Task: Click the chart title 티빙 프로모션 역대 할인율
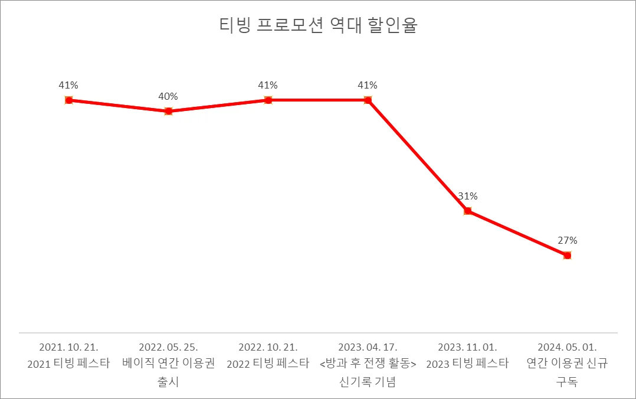(318, 26)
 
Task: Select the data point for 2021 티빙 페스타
(68, 100)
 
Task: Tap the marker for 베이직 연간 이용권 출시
(168, 111)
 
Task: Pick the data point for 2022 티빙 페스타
(268, 100)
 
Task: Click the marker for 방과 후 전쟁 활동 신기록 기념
(368, 100)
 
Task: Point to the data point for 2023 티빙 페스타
(467, 211)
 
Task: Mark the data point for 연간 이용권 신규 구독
(567, 256)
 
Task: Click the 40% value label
(168, 96)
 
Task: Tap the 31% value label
(467, 196)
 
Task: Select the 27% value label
(567, 240)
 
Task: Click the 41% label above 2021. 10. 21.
(68, 85)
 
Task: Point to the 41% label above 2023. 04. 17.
(368, 85)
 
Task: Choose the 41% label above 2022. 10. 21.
(268, 85)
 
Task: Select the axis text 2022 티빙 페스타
(268, 364)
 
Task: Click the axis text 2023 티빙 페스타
(467, 364)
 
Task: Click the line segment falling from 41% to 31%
(418, 156)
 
